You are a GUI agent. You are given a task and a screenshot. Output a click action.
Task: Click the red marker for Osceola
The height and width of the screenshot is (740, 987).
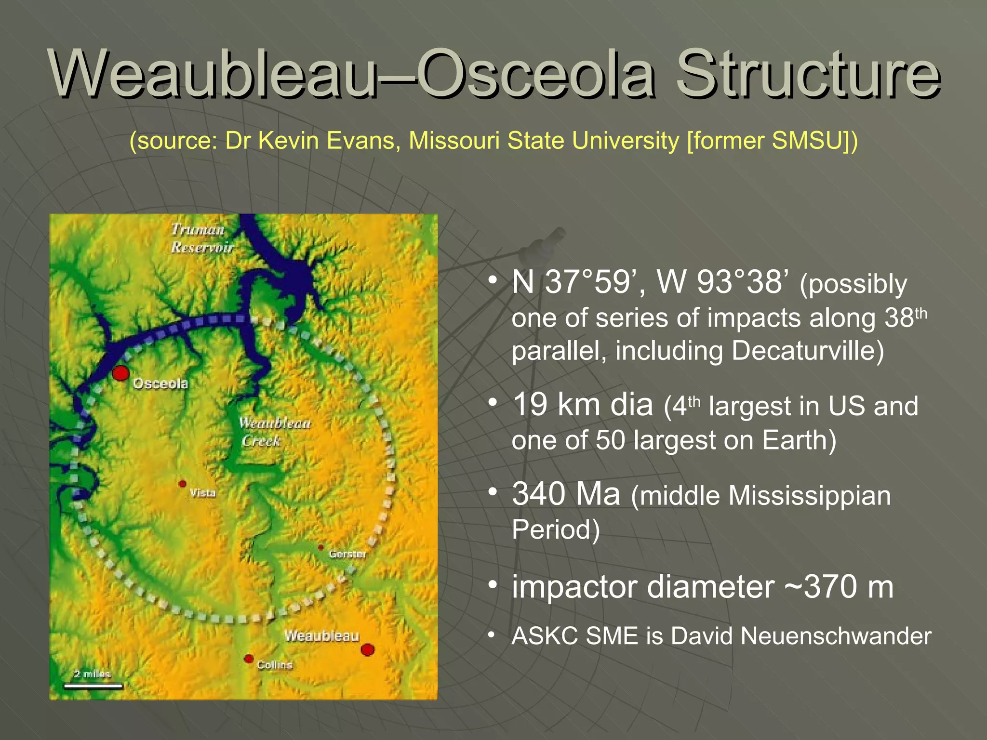click(x=120, y=373)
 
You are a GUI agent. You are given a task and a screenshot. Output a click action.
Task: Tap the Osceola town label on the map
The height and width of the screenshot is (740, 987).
click(x=160, y=383)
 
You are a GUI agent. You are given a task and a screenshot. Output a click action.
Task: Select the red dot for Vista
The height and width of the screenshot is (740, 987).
click(x=182, y=484)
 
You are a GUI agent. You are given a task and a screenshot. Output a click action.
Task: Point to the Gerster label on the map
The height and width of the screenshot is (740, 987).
click(x=347, y=554)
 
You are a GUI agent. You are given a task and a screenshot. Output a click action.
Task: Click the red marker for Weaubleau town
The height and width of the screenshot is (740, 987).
click(x=368, y=649)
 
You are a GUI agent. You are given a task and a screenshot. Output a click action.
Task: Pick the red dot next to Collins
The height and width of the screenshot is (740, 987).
click(x=249, y=659)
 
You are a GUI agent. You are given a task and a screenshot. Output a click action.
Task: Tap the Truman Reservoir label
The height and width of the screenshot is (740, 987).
click(x=201, y=238)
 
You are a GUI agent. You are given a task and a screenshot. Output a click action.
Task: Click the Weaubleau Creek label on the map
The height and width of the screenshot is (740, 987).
click(x=274, y=432)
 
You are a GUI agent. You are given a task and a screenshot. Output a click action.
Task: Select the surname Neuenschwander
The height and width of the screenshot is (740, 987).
click(x=836, y=636)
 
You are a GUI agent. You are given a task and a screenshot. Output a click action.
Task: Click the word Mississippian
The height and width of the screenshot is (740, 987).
click(x=809, y=496)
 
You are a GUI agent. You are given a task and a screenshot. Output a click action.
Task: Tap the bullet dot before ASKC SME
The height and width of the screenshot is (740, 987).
click(x=491, y=635)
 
